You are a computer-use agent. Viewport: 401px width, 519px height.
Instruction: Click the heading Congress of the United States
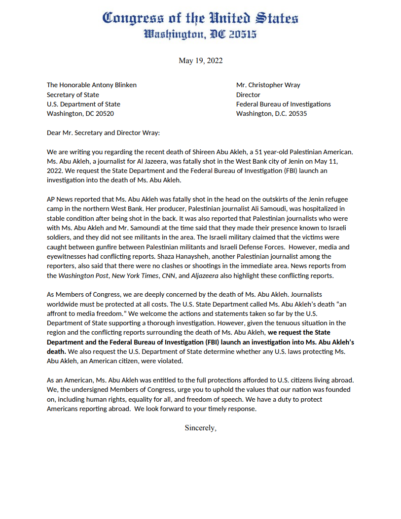[200, 19]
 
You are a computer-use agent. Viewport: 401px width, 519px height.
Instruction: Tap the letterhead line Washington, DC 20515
[200, 34]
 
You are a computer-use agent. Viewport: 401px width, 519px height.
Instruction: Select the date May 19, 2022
[200, 61]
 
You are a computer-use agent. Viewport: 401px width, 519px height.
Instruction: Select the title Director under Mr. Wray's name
[248, 95]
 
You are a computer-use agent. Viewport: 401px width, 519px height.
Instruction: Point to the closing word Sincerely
[200, 428]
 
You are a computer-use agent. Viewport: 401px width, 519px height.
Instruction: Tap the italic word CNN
[167, 276]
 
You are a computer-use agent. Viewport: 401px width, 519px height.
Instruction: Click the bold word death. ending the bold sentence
[56, 351]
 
